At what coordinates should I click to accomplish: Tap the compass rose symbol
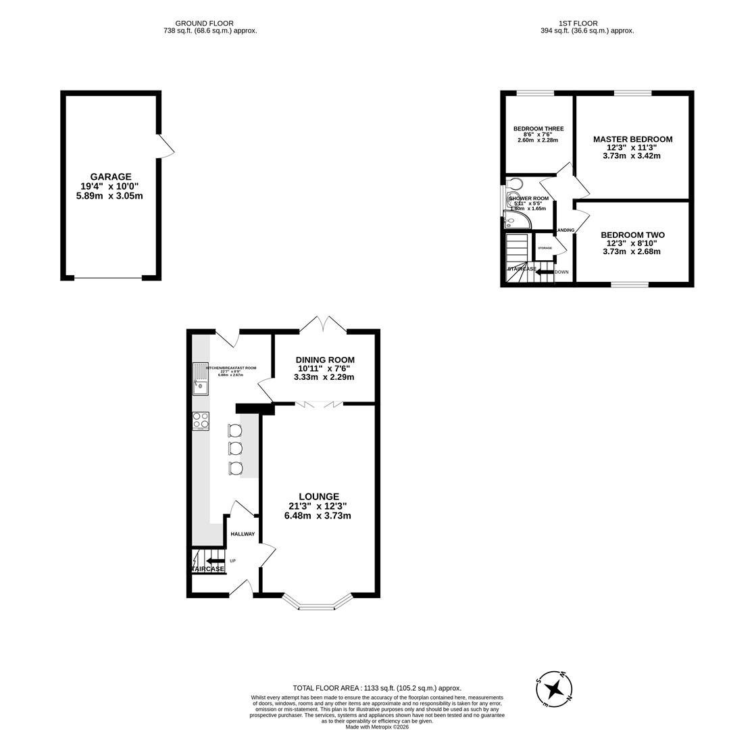coord(554,689)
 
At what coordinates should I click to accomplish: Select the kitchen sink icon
coord(201,379)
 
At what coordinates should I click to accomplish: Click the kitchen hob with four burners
coord(201,421)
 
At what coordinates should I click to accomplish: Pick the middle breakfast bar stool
coord(235,449)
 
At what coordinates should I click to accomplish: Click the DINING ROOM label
coord(324,360)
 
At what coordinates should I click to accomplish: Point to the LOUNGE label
coord(318,497)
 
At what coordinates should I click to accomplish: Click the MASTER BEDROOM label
coord(632,139)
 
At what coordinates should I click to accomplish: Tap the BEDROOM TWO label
coord(632,235)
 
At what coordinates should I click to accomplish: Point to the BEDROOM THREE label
coord(538,128)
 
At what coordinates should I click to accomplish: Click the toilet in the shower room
coord(515,184)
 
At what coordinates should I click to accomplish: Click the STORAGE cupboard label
coord(545,248)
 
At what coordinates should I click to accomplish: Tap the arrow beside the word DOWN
coord(544,272)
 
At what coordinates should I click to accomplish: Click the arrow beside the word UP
coord(216,560)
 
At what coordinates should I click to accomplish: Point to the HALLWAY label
coord(243,534)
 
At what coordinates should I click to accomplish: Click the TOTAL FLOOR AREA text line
coord(377,688)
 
